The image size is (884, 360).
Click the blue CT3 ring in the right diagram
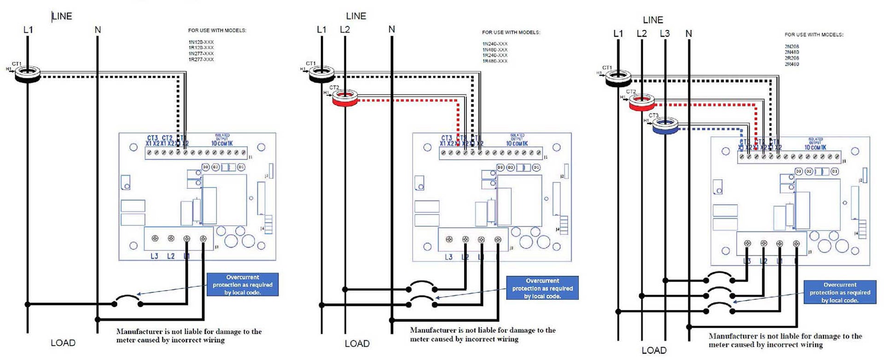[666, 126]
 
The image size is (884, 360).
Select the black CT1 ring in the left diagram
[28, 74]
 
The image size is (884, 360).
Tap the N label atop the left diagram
[98, 30]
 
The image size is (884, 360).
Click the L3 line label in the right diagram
[664, 34]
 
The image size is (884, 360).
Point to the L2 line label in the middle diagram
[345, 29]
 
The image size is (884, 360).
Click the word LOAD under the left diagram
[63, 343]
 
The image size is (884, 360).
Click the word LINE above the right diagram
[653, 20]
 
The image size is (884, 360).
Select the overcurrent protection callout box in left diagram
[243, 285]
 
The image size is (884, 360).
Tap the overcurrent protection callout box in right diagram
[840, 292]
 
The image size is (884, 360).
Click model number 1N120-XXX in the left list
[201, 42]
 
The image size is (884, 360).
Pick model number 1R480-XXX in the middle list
[495, 61]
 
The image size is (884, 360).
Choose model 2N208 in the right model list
[792, 46]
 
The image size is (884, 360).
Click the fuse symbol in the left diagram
[128, 300]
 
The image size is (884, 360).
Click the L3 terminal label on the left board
[154, 256]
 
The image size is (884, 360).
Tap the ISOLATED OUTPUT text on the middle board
[517, 137]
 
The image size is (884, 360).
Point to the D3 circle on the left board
[206, 167]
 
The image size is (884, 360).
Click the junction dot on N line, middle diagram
[392, 320]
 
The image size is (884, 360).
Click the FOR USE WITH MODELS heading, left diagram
[217, 30]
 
